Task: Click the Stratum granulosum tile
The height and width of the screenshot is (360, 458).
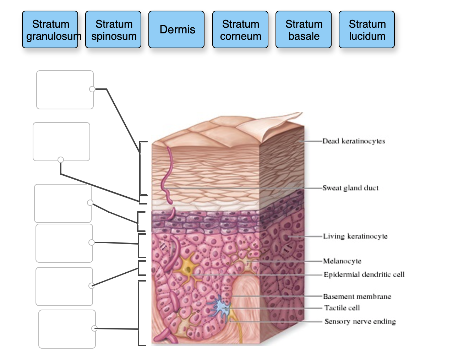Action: pyautogui.click(x=50, y=29)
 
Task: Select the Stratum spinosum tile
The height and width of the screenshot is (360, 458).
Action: pyautogui.click(x=113, y=29)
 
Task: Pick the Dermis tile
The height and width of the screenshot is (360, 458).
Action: pyautogui.click(x=176, y=29)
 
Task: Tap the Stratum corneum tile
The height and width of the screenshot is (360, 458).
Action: pyautogui.click(x=240, y=29)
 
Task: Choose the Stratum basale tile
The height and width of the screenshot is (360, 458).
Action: pyautogui.click(x=304, y=29)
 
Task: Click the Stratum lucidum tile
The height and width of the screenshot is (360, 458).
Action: pyautogui.click(x=367, y=29)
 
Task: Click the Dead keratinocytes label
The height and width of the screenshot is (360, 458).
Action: pyautogui.click(x=354, y=141)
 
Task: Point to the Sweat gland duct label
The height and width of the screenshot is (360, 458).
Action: pyautogui.click(x=350, y=188)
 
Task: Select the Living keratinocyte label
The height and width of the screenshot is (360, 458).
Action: pyautogui.click(x=355, y=236)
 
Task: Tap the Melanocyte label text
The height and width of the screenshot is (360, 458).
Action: pyautogui.click(x=342, y=261)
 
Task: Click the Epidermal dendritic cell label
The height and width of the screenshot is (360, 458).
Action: pyautogui.click(x=364, y=274)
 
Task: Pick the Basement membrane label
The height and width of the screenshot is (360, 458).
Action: pyautogui.click(x=357, y=296)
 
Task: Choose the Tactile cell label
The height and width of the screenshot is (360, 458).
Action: pyautogui.click(x=342, y=308)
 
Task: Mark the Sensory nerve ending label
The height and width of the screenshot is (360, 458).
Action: pyautogui.click(x=360, y=321)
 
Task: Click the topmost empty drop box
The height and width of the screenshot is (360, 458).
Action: pyautogui.click(x=65, y=90)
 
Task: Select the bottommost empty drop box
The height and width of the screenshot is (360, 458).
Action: pyautogui.click(x=67, y=329)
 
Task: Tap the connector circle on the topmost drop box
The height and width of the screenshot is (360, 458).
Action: pyautogui.click(x=92, y=89)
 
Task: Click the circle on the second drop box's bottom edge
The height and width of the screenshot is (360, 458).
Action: pyautogui.click(x=61, y=160)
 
